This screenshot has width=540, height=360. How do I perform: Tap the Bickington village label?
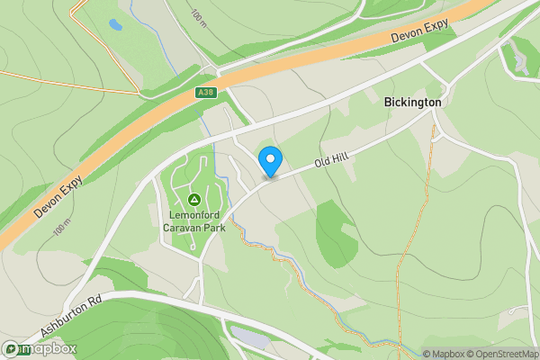412,103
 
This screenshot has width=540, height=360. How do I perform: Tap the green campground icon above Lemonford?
193,199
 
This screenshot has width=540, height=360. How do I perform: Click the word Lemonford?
193,214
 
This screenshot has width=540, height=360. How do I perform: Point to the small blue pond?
114,25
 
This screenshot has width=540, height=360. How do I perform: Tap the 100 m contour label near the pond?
198,15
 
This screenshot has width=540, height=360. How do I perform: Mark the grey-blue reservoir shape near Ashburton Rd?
249,337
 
